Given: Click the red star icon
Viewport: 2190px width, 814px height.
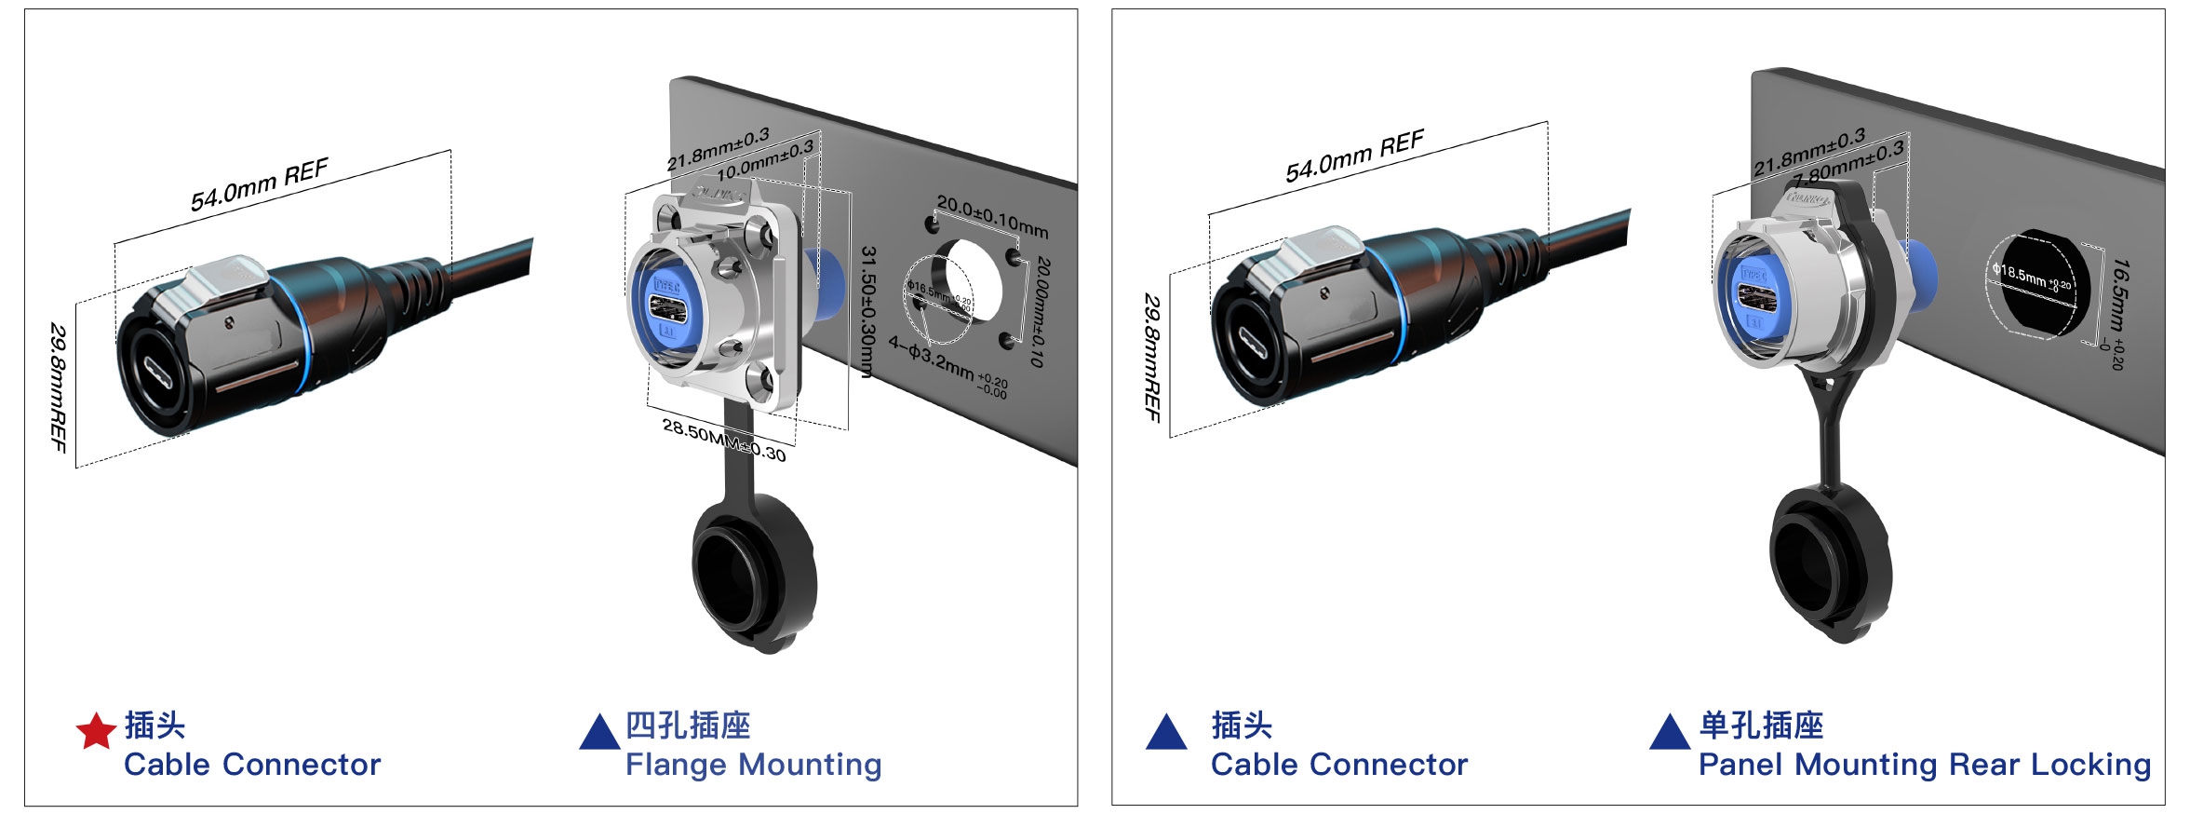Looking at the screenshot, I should click(x=95, y=732).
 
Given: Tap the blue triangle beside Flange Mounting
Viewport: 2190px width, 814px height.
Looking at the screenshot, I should click(x=599, y=733).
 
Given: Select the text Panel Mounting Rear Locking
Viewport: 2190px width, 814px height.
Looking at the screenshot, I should click(x=1924, y=765).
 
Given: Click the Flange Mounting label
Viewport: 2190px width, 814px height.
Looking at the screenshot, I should click(x=753, y=765).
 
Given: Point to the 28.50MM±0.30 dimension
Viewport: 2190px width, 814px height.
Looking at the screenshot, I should click(x=723, y=440).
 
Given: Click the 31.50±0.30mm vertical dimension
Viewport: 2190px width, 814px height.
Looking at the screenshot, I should click(x=867, y=312).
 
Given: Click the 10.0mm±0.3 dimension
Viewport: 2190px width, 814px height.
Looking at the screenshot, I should click(x=765, y=159).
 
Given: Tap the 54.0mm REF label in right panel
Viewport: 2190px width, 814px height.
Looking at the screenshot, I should click(x=1354, y=156).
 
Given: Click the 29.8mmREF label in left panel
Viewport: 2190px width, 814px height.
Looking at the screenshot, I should click(x=59, y=387).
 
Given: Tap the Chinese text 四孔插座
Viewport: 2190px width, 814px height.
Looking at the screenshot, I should click(x=688, y=725).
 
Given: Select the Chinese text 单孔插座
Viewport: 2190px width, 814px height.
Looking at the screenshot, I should click(x=1761, y=725).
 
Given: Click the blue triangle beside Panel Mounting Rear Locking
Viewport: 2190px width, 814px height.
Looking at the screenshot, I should click(x=1669, y=733).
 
